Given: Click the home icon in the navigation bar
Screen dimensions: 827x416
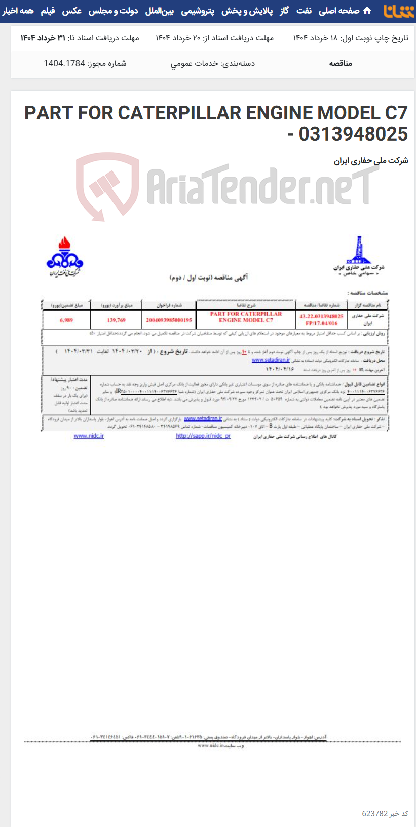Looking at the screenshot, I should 367,11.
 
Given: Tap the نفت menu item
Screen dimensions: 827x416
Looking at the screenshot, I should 304,11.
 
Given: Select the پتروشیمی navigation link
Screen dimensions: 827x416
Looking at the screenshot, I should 198,11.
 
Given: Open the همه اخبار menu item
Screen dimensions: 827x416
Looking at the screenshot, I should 18,11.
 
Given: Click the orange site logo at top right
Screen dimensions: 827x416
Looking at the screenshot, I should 399,11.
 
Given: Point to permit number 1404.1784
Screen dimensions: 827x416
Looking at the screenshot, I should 85,63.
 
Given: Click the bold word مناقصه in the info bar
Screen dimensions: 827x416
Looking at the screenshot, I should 341,63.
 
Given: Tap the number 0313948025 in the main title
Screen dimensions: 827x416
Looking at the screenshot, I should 353,134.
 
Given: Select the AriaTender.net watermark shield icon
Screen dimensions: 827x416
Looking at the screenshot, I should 107,185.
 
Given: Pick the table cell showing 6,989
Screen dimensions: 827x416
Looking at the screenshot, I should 66,320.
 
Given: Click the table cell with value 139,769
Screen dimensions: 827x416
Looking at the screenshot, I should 116,320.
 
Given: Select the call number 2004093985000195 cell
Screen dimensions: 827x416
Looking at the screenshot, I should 169,320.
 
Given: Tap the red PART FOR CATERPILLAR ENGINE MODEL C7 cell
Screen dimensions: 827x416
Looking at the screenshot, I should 246,317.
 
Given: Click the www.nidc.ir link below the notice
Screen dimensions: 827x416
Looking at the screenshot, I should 89,436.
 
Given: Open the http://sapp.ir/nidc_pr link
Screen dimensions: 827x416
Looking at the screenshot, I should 203,436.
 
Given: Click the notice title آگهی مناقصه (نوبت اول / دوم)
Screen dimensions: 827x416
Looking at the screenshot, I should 209,278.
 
